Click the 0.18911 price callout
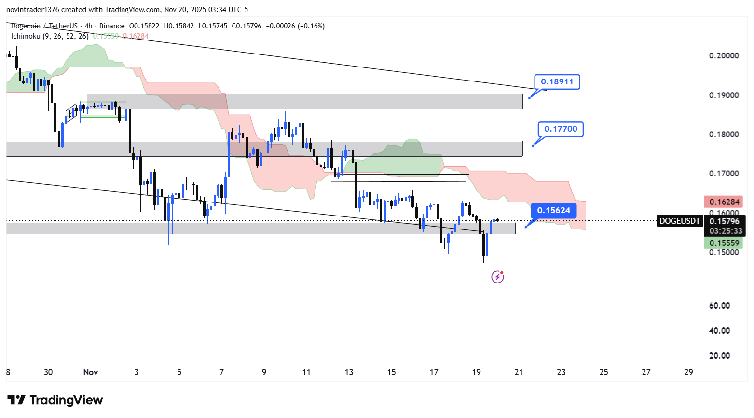557,82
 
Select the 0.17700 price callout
561,129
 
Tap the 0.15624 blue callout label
553,211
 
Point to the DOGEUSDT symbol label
679,221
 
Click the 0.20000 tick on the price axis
724,56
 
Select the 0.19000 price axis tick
724,95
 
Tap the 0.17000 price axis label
724,174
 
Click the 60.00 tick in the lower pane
719,306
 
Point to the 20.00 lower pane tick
719,356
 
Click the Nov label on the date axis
91,372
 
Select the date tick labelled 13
349,372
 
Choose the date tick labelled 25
603,372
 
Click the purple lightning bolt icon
497,277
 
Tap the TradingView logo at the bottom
55,400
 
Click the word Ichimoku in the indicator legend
26,36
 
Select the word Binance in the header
112,26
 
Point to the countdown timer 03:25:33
726,231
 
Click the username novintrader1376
32,10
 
